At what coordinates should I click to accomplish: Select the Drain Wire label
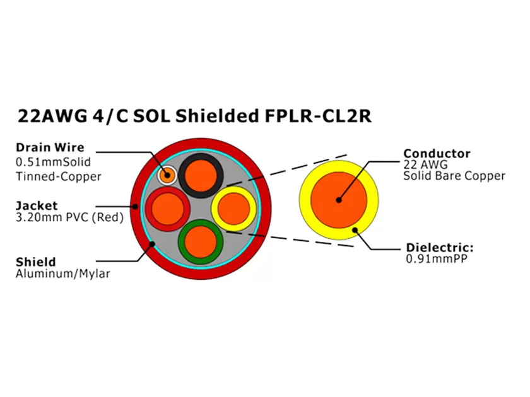click(x=50, y=148)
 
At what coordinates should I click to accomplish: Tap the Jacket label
click(x=37, y=205)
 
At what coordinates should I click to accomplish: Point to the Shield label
click(x=35, y=262)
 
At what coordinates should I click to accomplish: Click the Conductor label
click(x=437, y=153)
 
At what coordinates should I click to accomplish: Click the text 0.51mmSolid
click(x=50, y=162)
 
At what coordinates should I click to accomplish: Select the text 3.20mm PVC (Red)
click(x=69, y=218)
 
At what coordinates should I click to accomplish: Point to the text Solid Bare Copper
click(x=454, y=176)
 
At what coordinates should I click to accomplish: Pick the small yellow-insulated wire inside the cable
click(x=233, y=207)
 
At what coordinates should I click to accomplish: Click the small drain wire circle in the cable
click(x=167, y=174)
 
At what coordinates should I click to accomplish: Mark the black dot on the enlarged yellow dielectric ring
click(x=355, y=230)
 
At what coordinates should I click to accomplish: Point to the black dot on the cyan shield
click(x=151, y=245)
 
